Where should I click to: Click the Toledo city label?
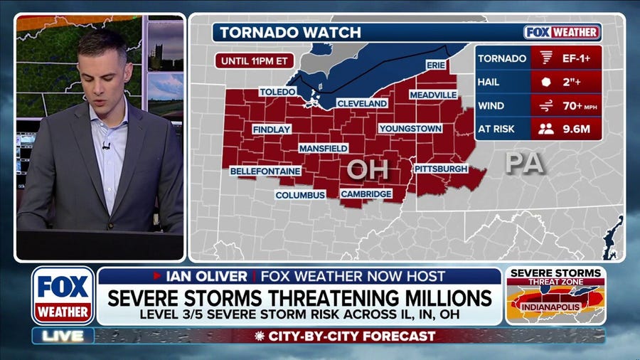277,92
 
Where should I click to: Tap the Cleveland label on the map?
362,103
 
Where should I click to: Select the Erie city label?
435,65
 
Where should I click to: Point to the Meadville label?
433,95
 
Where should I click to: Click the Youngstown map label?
410,129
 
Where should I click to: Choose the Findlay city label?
272,129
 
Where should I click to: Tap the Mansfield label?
323,148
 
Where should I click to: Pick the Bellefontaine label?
265,171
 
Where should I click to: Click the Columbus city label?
300,195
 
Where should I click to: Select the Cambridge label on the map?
366,194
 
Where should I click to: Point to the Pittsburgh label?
441,169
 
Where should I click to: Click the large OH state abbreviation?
368,169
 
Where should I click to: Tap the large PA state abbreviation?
524,163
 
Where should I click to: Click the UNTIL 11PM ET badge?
254,60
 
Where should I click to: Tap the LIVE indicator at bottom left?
63,335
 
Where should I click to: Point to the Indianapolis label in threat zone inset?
555,307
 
